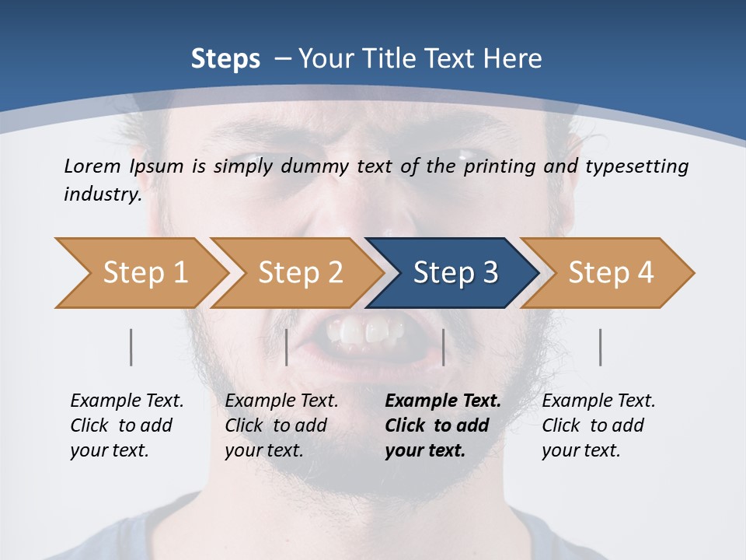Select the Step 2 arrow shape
(x=299, y=273)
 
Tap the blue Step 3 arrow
(x=455, y=273)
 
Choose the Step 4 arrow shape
(x=610, y=273)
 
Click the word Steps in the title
(x=225, y=59)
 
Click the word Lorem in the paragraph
(x=92, y=166)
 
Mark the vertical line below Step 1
(x=131, y=347)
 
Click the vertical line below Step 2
(x=287, y=347)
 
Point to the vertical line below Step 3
(x=444, y=347)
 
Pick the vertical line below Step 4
(x=601, y=347)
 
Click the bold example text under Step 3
(x=441, y=425)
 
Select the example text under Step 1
(x=126, y=425)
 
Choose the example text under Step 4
(x=598, y=425)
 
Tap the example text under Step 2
(x=281, y=425)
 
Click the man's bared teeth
(x=365, y=332)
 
